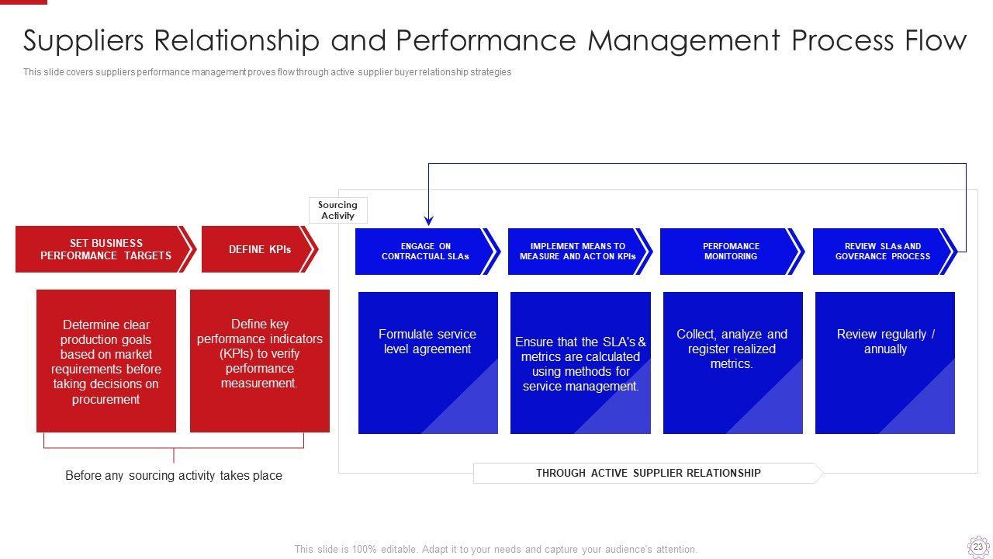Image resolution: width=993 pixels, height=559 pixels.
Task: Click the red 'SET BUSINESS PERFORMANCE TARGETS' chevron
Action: pyautogui.click(x=106, y=249)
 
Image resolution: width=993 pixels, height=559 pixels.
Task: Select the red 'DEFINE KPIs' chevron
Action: pyautogui.click(x=260, y=249)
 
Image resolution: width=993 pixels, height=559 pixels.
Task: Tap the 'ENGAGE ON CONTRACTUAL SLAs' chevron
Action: pyautogui.click(x=427, y=252)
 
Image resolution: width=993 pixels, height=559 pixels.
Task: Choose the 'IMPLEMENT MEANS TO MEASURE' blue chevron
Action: pyautogui.click(x=580, y=252)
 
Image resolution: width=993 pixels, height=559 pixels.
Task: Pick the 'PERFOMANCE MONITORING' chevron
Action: pyautogui.click(x=732, y=252)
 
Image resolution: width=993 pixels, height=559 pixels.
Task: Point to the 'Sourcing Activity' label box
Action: pyautogui.click(x=337, y=210)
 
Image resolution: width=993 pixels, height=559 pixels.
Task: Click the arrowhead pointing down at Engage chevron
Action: pyautogui.click(x=429, y=220)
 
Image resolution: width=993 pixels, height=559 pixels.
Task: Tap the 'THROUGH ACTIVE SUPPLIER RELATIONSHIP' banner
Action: pyautogui.click(x=648, y=473)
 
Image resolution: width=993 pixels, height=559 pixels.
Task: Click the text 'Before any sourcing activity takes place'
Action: pyautogui.click(x=174, y=476)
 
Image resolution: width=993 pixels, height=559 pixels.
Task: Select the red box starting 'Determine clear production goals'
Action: pyautogui.click(x=106, y=361)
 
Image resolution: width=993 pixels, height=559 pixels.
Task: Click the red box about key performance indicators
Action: pyautogui.click(x=260, y=361)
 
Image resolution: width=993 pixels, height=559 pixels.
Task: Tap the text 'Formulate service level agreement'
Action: pyautogui.click(x=427, y=342)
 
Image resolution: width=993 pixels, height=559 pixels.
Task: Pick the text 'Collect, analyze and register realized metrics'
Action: pyautogui.click(x=732, y=349)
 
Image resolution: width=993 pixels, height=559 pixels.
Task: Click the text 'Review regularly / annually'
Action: pyautogui.click(x=885, y=342)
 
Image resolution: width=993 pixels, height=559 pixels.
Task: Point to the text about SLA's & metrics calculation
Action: pyautogui.click(x=580, y=364)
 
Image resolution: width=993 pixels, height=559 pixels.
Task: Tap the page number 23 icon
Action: pyautogui.click(x=978, y=547)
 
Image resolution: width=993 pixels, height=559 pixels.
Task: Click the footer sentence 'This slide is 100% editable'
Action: pyautogui.click(x=496, y=549)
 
